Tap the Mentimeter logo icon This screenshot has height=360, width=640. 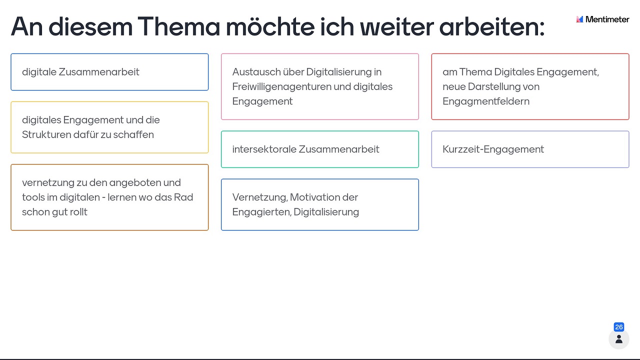579,19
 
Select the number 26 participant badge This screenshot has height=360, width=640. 619,327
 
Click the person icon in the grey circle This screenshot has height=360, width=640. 619,339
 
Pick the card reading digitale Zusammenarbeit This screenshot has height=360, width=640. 109,72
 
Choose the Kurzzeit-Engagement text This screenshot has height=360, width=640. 493,149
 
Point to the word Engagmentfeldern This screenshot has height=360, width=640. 486,101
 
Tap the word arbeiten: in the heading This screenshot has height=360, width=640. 491,26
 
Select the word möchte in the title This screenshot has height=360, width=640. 270,26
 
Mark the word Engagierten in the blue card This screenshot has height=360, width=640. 261,212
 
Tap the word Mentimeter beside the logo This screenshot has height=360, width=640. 607,19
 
